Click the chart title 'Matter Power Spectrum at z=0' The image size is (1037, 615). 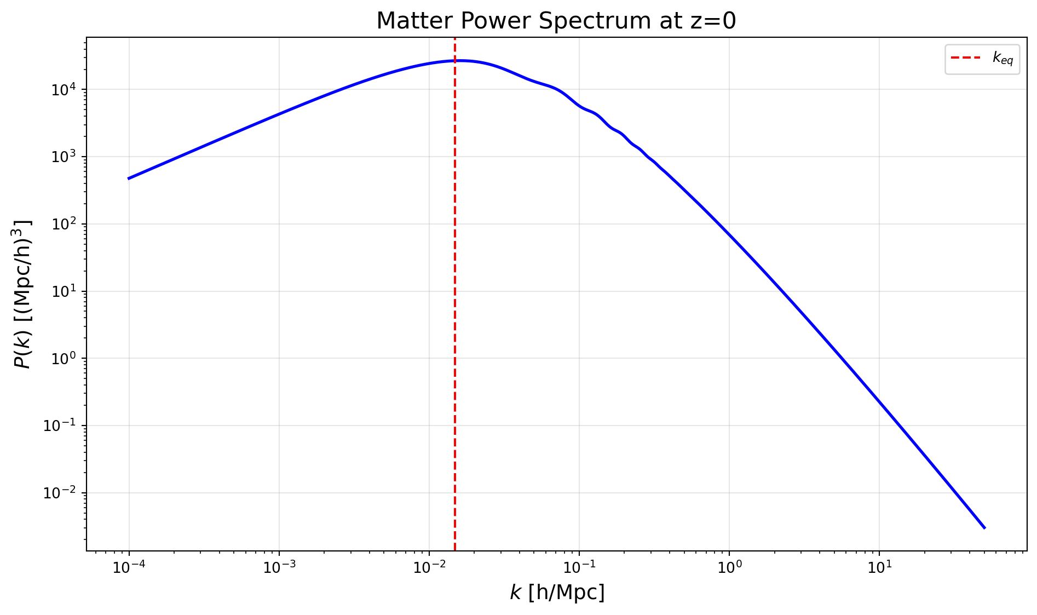click(x=556, y=21)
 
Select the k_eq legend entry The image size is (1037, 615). click(x=982, y=59)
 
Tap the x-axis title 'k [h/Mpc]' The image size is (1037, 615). click(x=557, y=593)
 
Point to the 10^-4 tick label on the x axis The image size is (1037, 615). click(x=129, y=567)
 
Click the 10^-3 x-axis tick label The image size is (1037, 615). click(x=279, y=567)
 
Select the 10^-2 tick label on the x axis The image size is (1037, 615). click(x=429, y=567)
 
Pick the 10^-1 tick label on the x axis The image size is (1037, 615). click(x=579, y=567)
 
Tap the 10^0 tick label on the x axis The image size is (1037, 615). click(x=729, y=567)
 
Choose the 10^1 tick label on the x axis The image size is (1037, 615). click(x=879, y=567)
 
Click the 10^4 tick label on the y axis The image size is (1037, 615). click(x=64, y=89)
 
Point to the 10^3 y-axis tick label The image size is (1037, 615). click(x=64, y=157)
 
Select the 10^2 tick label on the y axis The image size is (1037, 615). click(x=64, y=224)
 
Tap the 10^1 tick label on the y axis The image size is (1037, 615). click(x=64, y=291)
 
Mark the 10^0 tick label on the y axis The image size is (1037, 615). click(x=64, y=359)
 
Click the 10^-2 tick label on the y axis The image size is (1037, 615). click(x=61, y=493)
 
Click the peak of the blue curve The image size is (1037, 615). click(x=459, y=60)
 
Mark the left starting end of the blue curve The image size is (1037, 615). click(x=129, y=179)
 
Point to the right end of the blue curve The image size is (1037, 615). click(x=984, y=528)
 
